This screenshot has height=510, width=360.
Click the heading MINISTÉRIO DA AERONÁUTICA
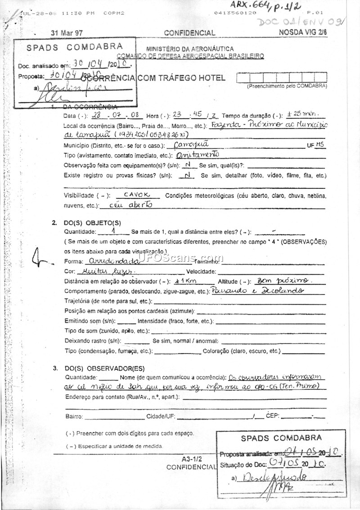[189, 49]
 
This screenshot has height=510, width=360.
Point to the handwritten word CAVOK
[135, 195]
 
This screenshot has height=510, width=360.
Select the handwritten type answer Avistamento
[198, 154]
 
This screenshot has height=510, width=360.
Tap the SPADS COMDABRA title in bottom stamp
[281, 438]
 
